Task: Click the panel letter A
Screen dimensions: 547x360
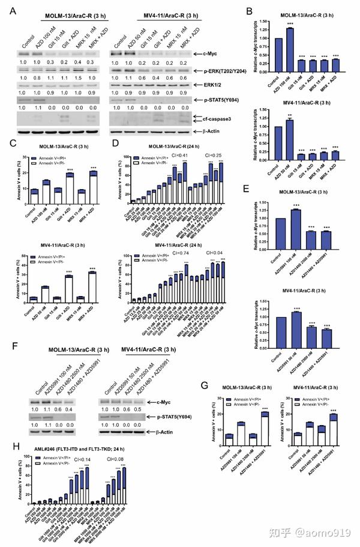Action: pos(13,11)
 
